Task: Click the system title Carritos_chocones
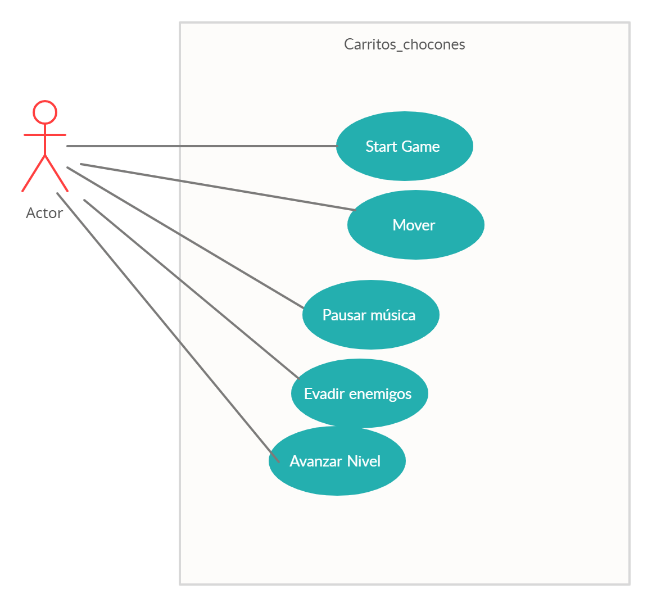[404, 44]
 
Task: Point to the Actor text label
[44, 213]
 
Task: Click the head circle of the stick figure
[45, 112]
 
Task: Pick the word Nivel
[364, 461]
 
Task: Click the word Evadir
[324, 394]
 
